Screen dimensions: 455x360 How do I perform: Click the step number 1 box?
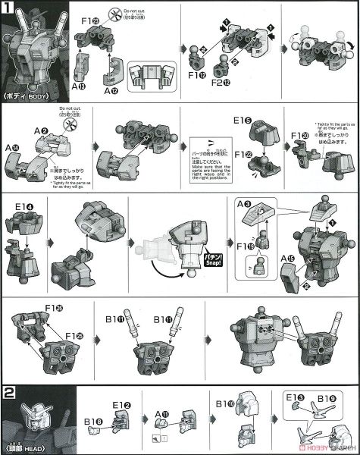(x=8, y=7)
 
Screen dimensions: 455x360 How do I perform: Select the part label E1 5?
(x=243, y=120)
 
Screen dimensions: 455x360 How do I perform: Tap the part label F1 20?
(x=302, y=136)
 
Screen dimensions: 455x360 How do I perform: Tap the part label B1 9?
(x=332, y=396)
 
